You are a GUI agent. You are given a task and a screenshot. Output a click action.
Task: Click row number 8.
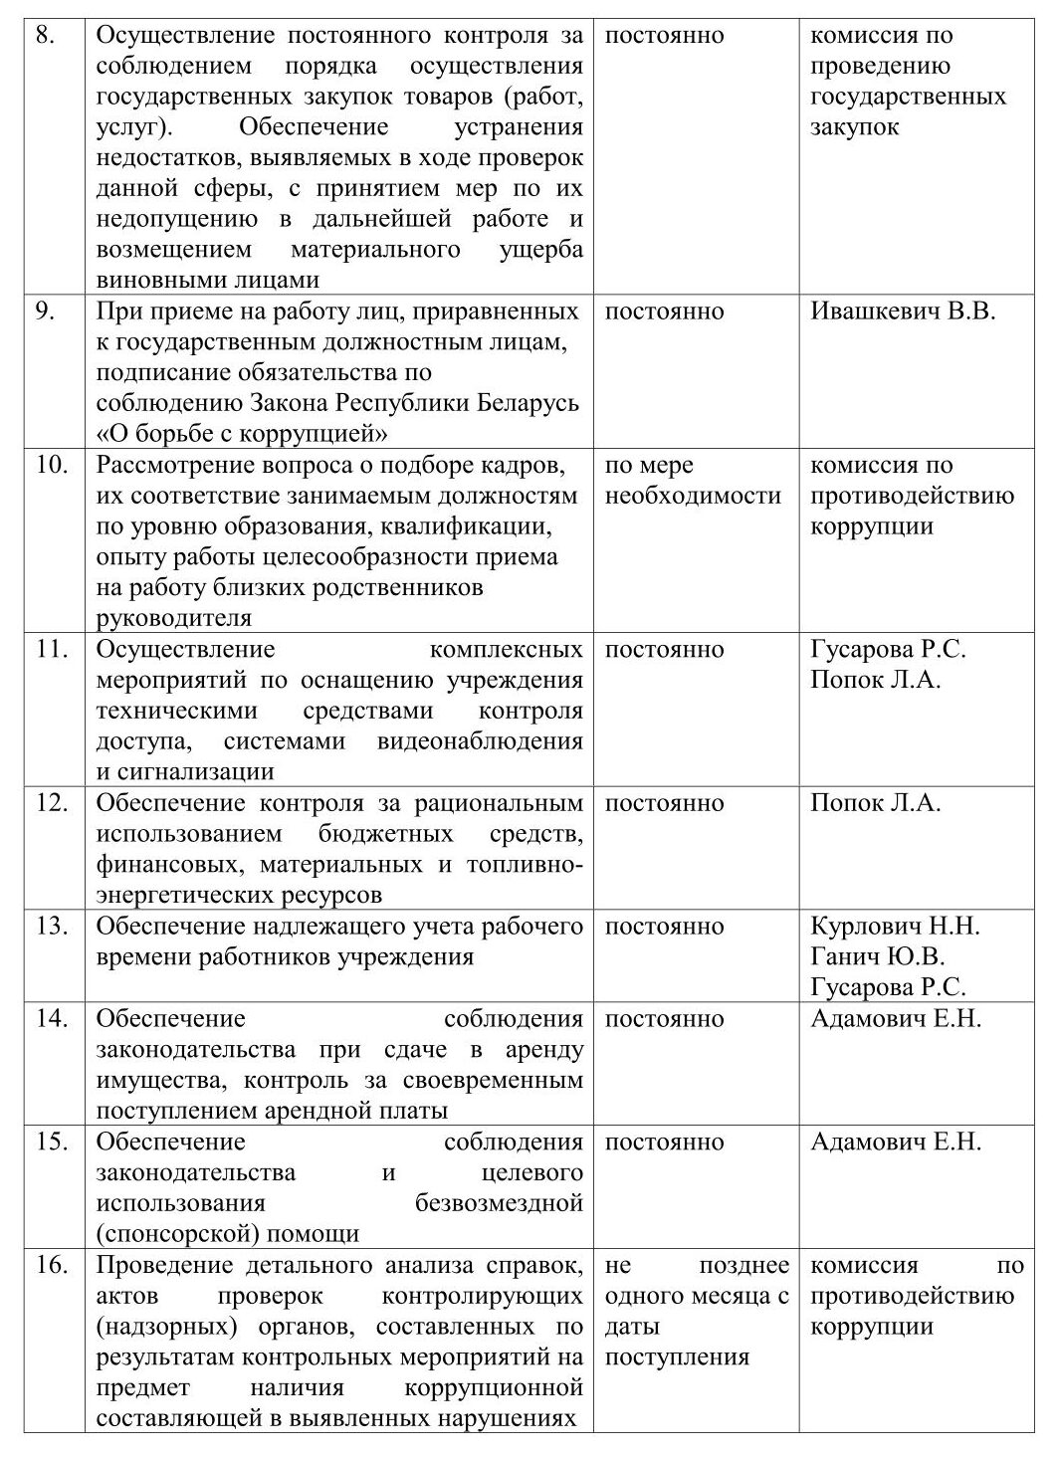[x=46, y=36]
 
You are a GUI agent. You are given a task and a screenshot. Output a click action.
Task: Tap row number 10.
[x=52, y=465]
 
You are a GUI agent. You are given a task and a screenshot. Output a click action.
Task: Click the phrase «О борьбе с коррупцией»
[x=242, y=434]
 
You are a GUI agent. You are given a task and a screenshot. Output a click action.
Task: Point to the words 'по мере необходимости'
[x=693, y=480]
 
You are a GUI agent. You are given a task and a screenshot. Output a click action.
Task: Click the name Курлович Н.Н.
[x=895, y=927]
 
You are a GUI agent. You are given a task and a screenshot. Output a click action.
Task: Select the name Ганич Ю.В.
[x=877, y=956]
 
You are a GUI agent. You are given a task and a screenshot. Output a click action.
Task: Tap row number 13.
[x=52, y=927]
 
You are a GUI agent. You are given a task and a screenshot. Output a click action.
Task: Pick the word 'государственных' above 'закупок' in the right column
[x=908, y=97]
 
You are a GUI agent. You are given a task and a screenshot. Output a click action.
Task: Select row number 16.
[x=52, y=1266]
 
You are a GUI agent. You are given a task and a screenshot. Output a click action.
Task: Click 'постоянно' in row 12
[x=664, y=803]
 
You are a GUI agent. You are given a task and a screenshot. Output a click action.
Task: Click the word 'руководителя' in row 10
[x=174, y=618]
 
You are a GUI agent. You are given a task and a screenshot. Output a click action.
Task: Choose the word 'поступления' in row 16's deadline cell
[x=677, y=1357]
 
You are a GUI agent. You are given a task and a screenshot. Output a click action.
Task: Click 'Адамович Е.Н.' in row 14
[x=896, y=1019]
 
